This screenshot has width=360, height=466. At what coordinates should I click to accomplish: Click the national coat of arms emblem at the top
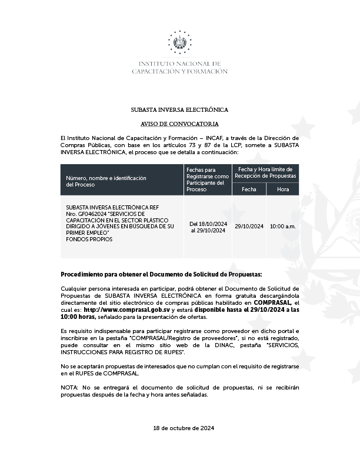tap(180, 42)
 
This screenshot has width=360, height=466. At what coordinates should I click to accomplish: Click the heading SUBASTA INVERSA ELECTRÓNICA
tap(179, 110)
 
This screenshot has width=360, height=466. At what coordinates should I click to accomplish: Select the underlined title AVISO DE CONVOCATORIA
tap(179, 124)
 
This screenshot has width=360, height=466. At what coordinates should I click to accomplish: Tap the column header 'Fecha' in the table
tap(249, 189)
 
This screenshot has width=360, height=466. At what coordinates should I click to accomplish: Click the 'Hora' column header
tap(283, 189)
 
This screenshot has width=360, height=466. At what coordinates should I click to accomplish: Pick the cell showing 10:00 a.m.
tap(283, 227)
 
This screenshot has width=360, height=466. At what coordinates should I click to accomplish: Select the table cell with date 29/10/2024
tap(249, 227)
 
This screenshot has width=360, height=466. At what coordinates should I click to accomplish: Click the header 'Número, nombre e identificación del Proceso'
tap(106, 181)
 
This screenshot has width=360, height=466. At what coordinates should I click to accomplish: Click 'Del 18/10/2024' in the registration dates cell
tap(208, 224)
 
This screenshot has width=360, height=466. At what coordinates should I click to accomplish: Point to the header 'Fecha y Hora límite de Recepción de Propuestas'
tap(266, 172)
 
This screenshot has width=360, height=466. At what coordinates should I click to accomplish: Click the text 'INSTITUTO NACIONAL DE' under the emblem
tap(179, 64)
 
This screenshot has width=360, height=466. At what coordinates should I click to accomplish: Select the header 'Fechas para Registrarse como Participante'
tap(208, 179)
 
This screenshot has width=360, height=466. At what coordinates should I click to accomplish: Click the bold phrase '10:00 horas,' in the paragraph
tap(76, 317)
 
